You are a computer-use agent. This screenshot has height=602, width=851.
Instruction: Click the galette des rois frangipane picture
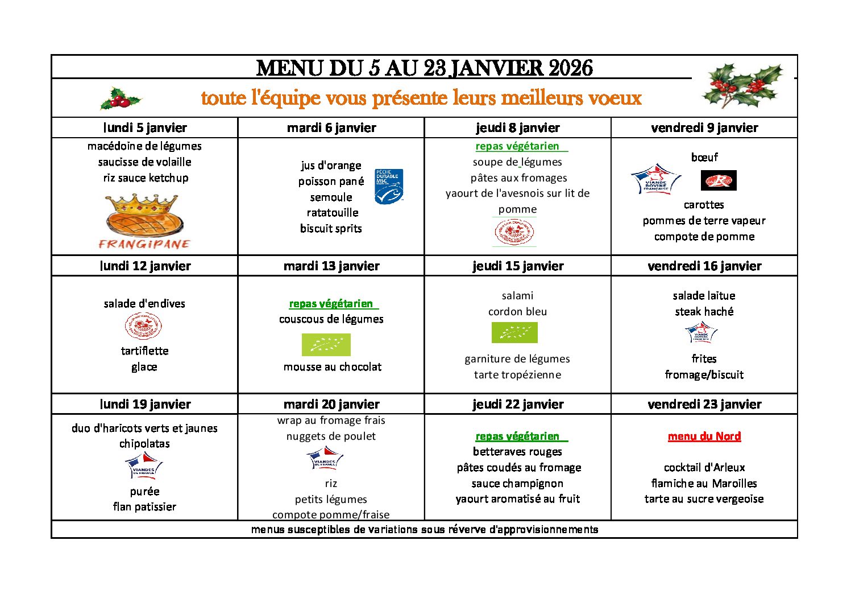tap(144, 221)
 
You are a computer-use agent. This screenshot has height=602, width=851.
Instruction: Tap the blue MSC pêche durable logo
tap(389, 186)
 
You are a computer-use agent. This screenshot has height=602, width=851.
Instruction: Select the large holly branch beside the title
tap(743, 85)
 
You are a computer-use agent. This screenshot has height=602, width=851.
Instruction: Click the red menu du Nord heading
tap(704, 436)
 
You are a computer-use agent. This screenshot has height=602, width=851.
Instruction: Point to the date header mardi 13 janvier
tap(331, 266)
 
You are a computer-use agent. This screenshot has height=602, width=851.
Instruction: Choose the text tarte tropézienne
tap(517, 374)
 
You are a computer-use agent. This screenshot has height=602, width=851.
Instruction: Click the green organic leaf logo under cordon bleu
tap(514, 332)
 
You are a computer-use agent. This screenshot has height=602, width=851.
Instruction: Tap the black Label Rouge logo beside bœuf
tap(719, 180)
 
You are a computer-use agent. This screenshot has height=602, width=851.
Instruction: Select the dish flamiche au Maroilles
tap(704, 483)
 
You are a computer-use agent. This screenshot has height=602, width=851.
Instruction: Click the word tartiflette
tap(144, 351)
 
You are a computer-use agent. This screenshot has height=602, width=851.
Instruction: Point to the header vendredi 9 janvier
tap(704, 128)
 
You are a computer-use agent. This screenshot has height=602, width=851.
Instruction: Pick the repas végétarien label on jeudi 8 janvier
tap(517, 146)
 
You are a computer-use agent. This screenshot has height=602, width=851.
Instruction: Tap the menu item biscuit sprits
tap(331, 228)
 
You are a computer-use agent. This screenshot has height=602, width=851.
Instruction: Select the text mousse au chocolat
tap(333, 367)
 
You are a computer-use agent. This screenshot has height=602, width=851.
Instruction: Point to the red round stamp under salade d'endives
tap(143, 326)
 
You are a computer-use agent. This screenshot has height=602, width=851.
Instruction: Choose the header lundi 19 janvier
tap(145, 404)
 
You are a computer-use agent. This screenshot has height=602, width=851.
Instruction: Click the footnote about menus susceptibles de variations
tap(425, 530)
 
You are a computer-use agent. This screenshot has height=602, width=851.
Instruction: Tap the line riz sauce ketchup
tap(146, 178)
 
